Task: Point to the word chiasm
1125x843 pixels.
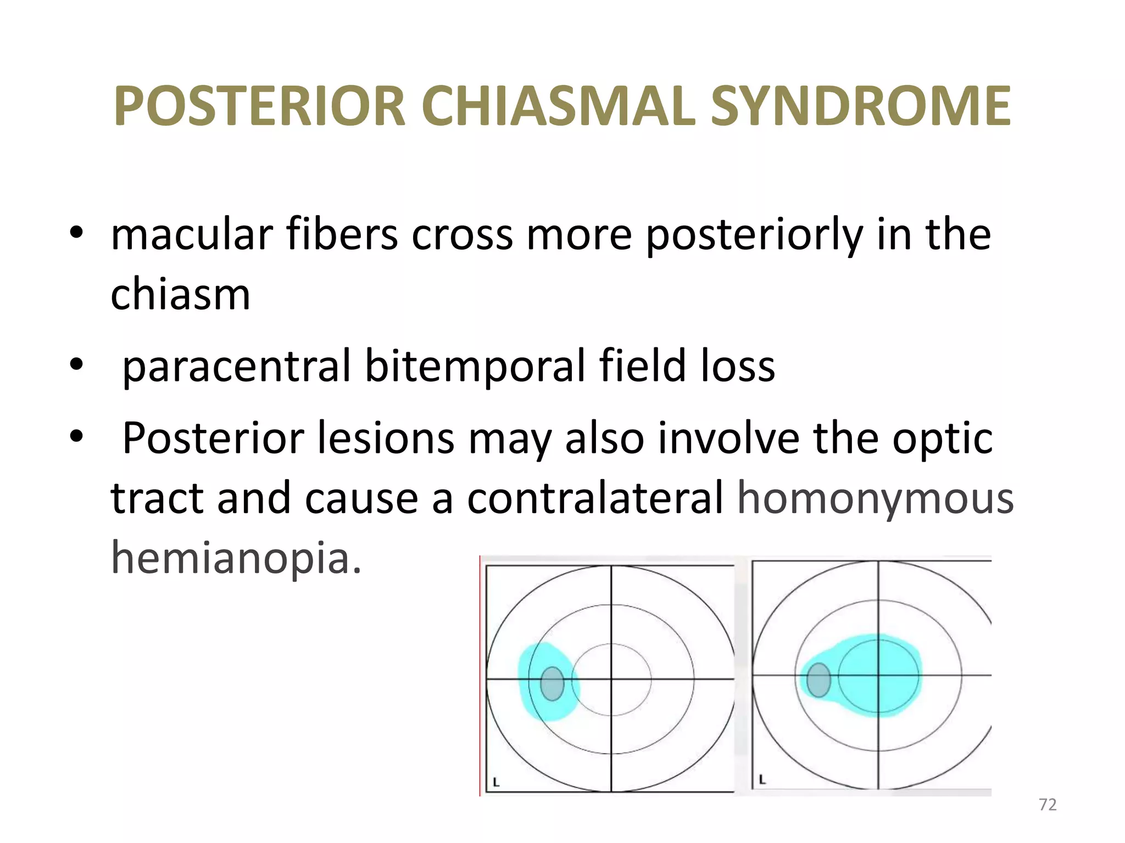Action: tap(180, 295)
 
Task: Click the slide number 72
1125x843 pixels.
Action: tap(1048, 805)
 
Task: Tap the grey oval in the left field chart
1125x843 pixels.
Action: tap(552, 684)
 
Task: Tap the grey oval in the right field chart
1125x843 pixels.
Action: tap(818, 679)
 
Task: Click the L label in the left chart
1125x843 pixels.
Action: tap(495, 782)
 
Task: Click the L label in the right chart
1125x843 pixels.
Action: tap(762, 779)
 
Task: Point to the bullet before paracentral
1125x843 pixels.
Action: tap(76, 364)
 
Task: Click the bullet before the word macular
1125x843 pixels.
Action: tap(76, 233)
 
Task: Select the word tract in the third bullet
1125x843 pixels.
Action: tap(157, 498)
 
